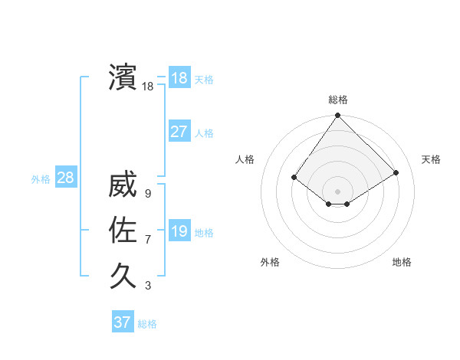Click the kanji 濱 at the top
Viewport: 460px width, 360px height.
tap(123, 77)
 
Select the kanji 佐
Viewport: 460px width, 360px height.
tap(123, 230)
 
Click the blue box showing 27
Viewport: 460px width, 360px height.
tap(179, 132)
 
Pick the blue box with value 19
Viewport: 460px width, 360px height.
tap(179, 231)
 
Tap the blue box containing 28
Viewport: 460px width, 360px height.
tap(65, 178)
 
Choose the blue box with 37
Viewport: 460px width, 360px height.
tap(123, 322)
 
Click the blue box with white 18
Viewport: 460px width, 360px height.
tap(179, 78)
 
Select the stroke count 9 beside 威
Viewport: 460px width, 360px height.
tap(147, 195)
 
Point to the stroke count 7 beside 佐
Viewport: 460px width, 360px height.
tap(147, 240)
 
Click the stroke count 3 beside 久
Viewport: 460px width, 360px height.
tap(147, 286)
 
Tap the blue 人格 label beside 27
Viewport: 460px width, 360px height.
tap(204, 133)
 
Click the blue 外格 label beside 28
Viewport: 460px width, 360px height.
tap(41, 179)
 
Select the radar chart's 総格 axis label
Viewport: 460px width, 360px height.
tap(338, 100)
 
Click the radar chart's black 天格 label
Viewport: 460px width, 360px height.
tap(431, 159)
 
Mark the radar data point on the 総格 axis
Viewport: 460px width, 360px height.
tap(338, 116)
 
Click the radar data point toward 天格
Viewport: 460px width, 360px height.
tap(396, 172)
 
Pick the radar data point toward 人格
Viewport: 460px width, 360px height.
tap(294, 177)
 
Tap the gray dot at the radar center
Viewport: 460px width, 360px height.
tap(338, 191)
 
